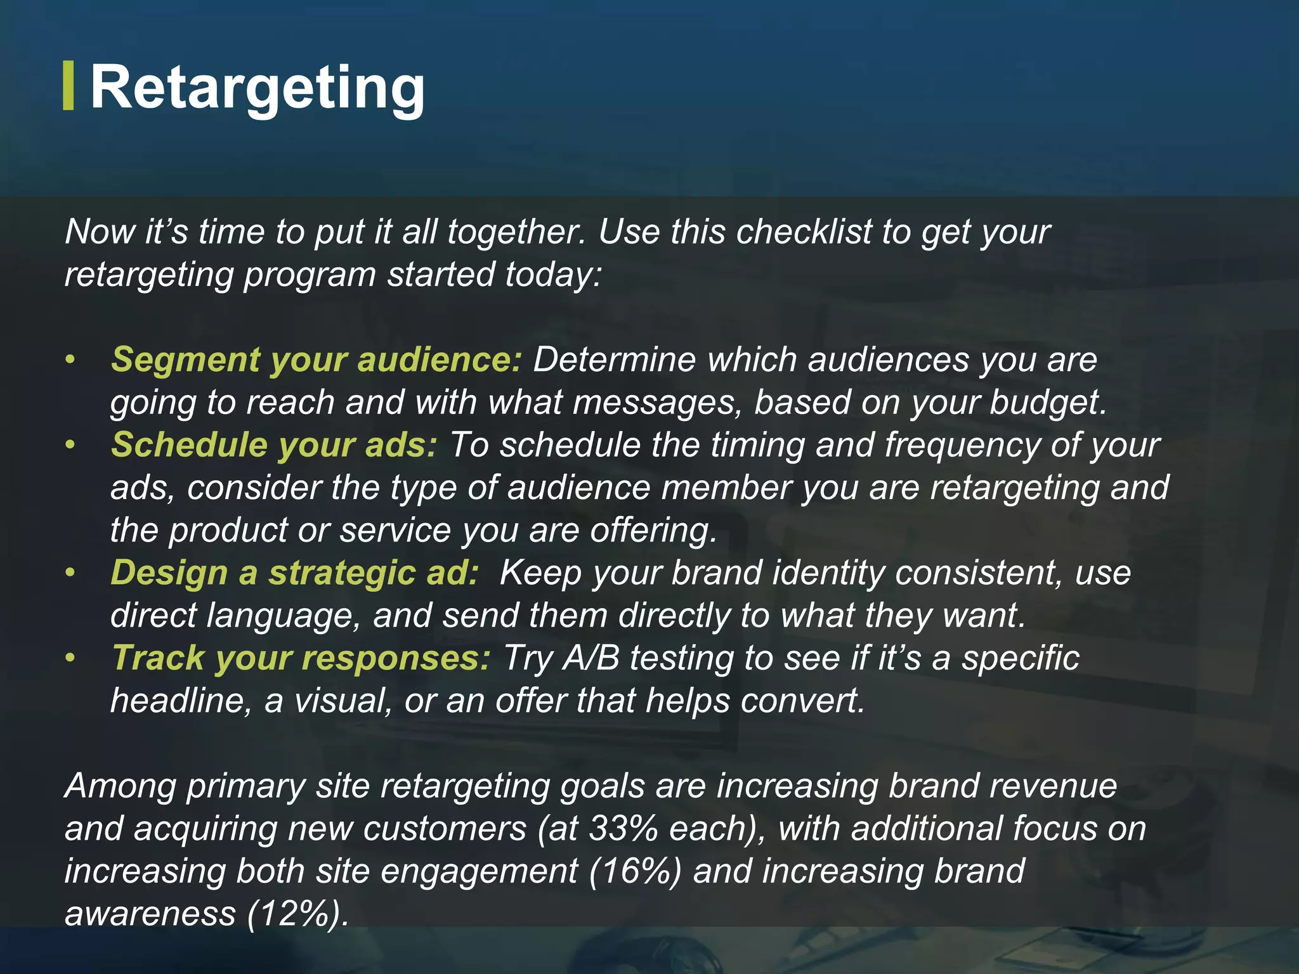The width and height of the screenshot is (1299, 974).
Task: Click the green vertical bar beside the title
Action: point(69,86)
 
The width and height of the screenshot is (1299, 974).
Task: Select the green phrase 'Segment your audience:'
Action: point(316,360)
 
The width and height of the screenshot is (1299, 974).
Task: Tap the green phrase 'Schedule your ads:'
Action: point(274,445)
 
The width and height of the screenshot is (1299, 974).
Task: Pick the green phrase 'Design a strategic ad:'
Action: point(294,573)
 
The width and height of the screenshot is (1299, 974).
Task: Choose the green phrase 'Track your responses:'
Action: point(301,658)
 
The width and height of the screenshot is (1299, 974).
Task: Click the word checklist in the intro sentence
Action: point(804,231)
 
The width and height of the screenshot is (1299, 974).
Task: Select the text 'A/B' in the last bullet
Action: point(591,658)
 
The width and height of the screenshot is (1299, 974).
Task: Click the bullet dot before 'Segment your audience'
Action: point(70,360)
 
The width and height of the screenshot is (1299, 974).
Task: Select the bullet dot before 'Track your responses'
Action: point(70,658)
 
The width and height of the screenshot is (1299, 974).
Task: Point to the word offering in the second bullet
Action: point(653,530)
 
